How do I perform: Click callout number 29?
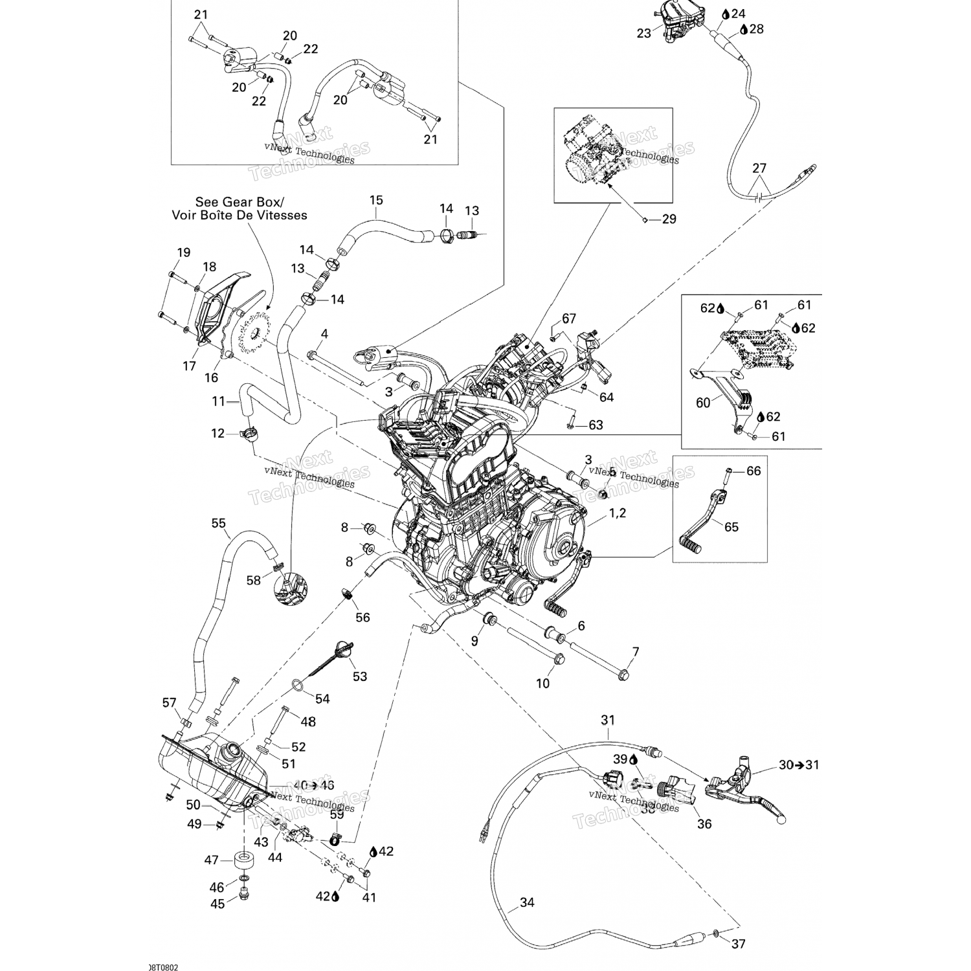(x=669, y=219)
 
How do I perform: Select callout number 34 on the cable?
(x=527, y=902)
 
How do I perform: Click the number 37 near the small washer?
(x=738, y=944)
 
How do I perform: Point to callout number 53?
(x=360, y=676)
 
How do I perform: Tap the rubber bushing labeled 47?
(x=243, y=861)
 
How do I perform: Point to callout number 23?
(x=643, y=32)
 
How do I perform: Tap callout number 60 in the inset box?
(x=703, y=403)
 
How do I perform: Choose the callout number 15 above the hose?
(x=376, y=200)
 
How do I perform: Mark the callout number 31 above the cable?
(x=608, y=720)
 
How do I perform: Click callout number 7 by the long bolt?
(x=635, y=651)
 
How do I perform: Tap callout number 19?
(x=184, y=252)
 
